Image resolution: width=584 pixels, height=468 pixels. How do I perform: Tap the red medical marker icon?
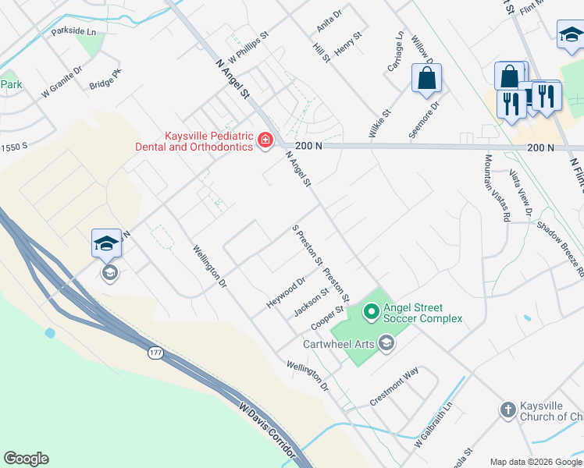pos(265,141)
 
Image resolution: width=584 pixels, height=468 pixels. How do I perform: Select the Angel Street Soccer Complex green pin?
pos(372,312)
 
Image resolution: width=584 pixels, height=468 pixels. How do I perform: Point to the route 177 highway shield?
pos(155,353)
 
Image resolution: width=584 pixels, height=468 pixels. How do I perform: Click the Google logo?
pos(26,459)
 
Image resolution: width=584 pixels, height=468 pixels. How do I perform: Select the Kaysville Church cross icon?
pos(507,409)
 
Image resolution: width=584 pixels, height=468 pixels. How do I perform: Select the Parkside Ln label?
pos(73,32)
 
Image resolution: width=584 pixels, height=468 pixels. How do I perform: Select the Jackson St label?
pos(311,303)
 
